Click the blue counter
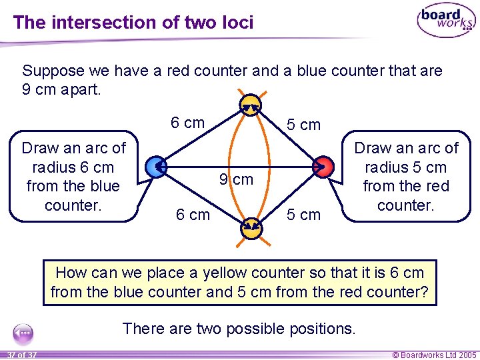(155, 167)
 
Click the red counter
(322, 167)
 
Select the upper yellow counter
(250, 104)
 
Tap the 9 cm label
(237, 179)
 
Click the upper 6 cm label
(187, 123)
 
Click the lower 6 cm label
(192, 214)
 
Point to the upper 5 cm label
(303, 125)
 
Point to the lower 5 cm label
(303, 215)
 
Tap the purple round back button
(23, 332)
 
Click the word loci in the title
(235, 23)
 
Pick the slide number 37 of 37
(20, 354)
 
